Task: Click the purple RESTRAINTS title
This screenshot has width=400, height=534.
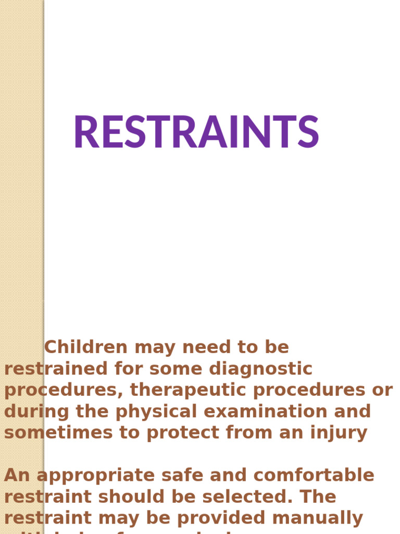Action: pyautogui.click(x=196, y=132)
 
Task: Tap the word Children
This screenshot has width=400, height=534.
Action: pyautogui.click(x=85, y=347)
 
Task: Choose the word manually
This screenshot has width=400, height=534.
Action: pyautogui.click(x=321, y=518)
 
